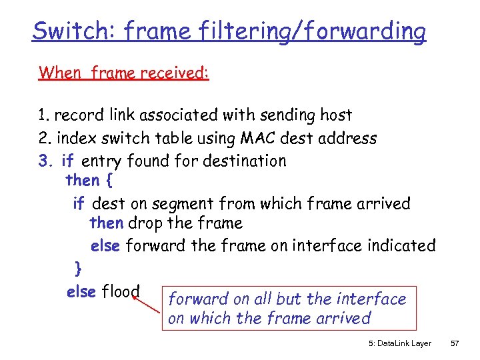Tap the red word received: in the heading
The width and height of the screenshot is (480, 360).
tap(175, 72)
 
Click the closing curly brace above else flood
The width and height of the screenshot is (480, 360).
tap(79, 268)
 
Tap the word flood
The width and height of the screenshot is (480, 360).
tap(121, 291)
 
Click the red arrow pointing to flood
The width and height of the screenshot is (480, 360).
tap(147, 304)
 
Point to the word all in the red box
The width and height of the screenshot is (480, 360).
tap(269, 299)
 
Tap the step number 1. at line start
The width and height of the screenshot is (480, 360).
tap(44, 115)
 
